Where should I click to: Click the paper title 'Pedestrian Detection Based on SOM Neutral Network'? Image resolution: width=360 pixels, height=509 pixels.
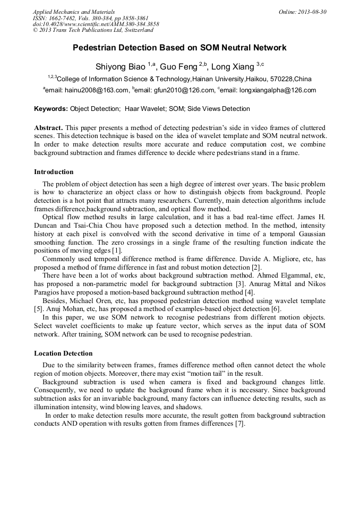[x=179, y=48]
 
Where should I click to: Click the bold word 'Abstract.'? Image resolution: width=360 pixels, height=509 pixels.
[x=49, y=128]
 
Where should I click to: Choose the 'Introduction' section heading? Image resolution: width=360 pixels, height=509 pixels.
[x=54, y=172]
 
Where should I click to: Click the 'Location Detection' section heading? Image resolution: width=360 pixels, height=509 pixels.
[x=63, y=353]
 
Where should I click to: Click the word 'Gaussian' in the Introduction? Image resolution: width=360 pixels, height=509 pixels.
[x=311, y=234]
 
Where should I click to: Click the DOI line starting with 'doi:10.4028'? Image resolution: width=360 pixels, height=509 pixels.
[x=96, y=24]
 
